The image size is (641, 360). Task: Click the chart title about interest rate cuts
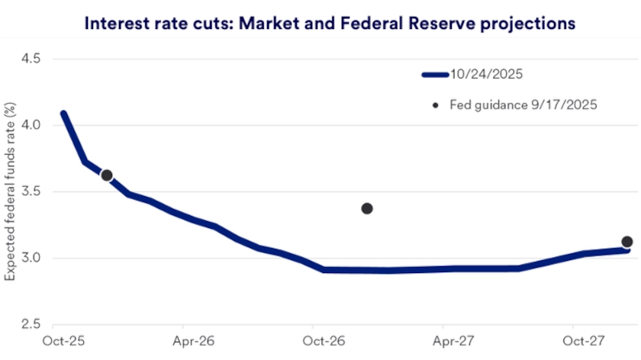329,24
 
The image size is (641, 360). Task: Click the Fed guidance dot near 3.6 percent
107,175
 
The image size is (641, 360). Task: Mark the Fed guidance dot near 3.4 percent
367,208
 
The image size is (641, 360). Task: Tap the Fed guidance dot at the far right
627,242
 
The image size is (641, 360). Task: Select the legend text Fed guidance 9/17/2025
523,104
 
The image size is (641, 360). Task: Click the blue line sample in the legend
435,75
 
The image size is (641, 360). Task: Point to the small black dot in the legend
436,104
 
